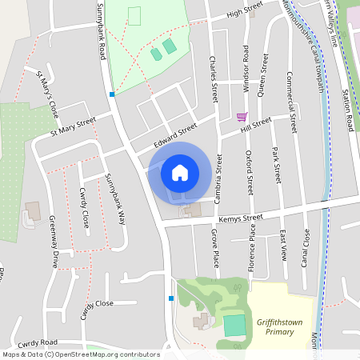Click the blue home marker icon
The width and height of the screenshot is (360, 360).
pyautogui.click(x=180, y=172)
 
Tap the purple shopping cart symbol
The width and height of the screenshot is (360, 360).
pyautogui.click(x=242, y=117)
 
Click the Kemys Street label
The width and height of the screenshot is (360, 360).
pyautogui.click(x=242, y=218)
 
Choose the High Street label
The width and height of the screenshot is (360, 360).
pyautogui.click(x=244, y=11)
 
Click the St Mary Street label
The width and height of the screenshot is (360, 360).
pyautogui.click(x=73, y=125)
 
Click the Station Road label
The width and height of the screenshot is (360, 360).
pyautogui.click(x=349, y=111)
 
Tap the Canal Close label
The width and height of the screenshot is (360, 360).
pyautogui.click(x=306, y=248)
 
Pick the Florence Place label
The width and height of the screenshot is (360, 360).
pyautogui.click(x=251, y=249)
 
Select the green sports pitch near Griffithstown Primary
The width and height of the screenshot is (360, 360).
pyautogui.click(x=234, y=326)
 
